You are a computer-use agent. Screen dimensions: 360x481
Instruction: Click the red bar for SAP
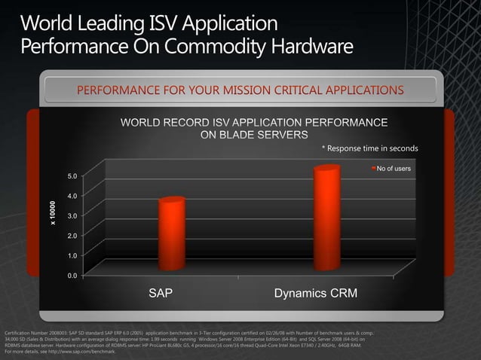coord(171,233)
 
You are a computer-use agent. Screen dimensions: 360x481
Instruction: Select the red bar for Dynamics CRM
coord(326,218)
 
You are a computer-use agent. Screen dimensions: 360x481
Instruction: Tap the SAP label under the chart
coord(160,293)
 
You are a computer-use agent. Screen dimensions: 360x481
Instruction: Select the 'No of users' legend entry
coord(393,168)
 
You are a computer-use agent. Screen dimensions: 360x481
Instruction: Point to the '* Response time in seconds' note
coord(369,148)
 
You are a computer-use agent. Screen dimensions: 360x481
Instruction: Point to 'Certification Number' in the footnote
coord(26,332)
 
